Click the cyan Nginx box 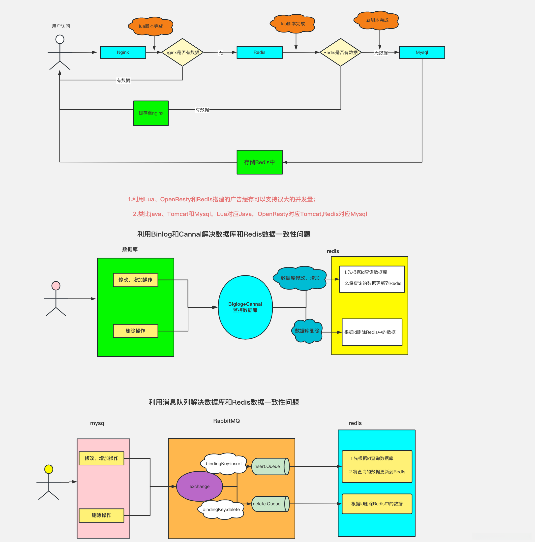tap(123, 53)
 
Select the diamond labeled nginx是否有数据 tap(182, 53)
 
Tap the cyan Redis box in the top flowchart tap(260, 53)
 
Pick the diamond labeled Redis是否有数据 tap(341, 53)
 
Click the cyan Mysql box tap(422, 53)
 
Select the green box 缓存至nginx tap(151, 113)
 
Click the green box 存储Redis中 tap(260, 162)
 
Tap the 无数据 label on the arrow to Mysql tap(381, 53)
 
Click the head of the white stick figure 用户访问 tap(60, 39)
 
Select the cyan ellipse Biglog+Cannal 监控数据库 tap(245, 307)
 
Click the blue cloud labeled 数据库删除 tap(307, 331)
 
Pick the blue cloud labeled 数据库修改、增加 tap(300, 278)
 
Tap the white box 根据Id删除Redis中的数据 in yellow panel tap(372, 332)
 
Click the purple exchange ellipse tap(200, 486)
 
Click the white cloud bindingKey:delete tap(221, 510)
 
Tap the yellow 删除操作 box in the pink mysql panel tap(101, 515)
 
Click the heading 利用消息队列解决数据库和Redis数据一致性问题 tap(224, 402)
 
